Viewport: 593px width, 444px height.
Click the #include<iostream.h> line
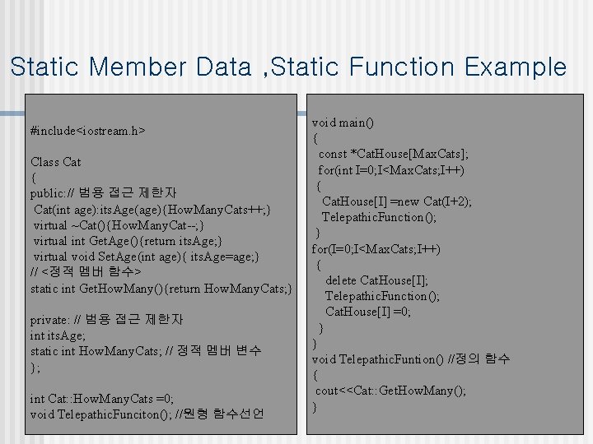(x=87, y=131)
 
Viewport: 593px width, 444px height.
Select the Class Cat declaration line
(x=55, y=162)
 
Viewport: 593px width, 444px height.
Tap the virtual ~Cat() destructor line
(x=119, y=225)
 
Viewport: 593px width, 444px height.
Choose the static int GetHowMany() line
(x=161, y=288)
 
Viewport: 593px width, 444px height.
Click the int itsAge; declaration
(x=58, y=335)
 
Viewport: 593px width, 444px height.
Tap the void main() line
(x=343, y=123)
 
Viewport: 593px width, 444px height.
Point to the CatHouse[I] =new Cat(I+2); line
(x=396, y=201)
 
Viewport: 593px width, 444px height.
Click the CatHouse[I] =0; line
(x=368, y=312)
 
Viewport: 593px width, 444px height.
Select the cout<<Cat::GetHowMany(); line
(x=390, y=391)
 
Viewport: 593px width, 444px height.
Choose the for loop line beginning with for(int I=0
(x=391, y=170)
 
